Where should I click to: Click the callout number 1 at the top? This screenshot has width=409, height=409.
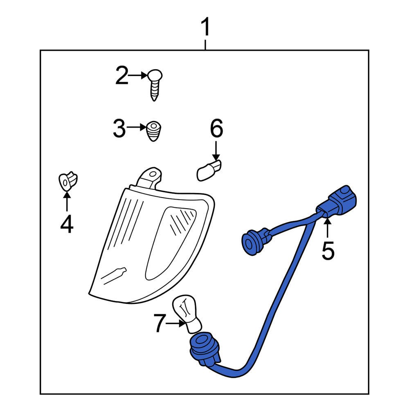click(x=206, y=27)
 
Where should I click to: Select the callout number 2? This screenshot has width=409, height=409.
click(x=122, y=75)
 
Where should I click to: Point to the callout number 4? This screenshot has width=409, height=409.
click(x=67, y=224)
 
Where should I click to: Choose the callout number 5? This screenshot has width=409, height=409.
click(x=328, y=250)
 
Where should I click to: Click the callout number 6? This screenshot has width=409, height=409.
click(x=216, y=128)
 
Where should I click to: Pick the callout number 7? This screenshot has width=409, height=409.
click(x=160, y=324)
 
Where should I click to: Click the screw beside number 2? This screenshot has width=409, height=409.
click(x=155, y=85)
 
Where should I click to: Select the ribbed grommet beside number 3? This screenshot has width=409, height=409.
click(x=153, y=131)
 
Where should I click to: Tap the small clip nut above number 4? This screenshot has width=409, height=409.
click(x=68, y=181)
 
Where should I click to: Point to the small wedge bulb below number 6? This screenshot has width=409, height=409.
click(x=209, y=171)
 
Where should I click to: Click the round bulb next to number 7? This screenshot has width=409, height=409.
click(x=187, y=313)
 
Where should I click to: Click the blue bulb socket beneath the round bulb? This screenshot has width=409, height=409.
click(x=204, y=348)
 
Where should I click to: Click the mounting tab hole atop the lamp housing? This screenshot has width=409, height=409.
click(x=153, y=173)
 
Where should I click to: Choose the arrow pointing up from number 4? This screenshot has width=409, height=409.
click(x=67, y=201)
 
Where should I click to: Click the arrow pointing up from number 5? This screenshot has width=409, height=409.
click(x=327, y=228)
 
